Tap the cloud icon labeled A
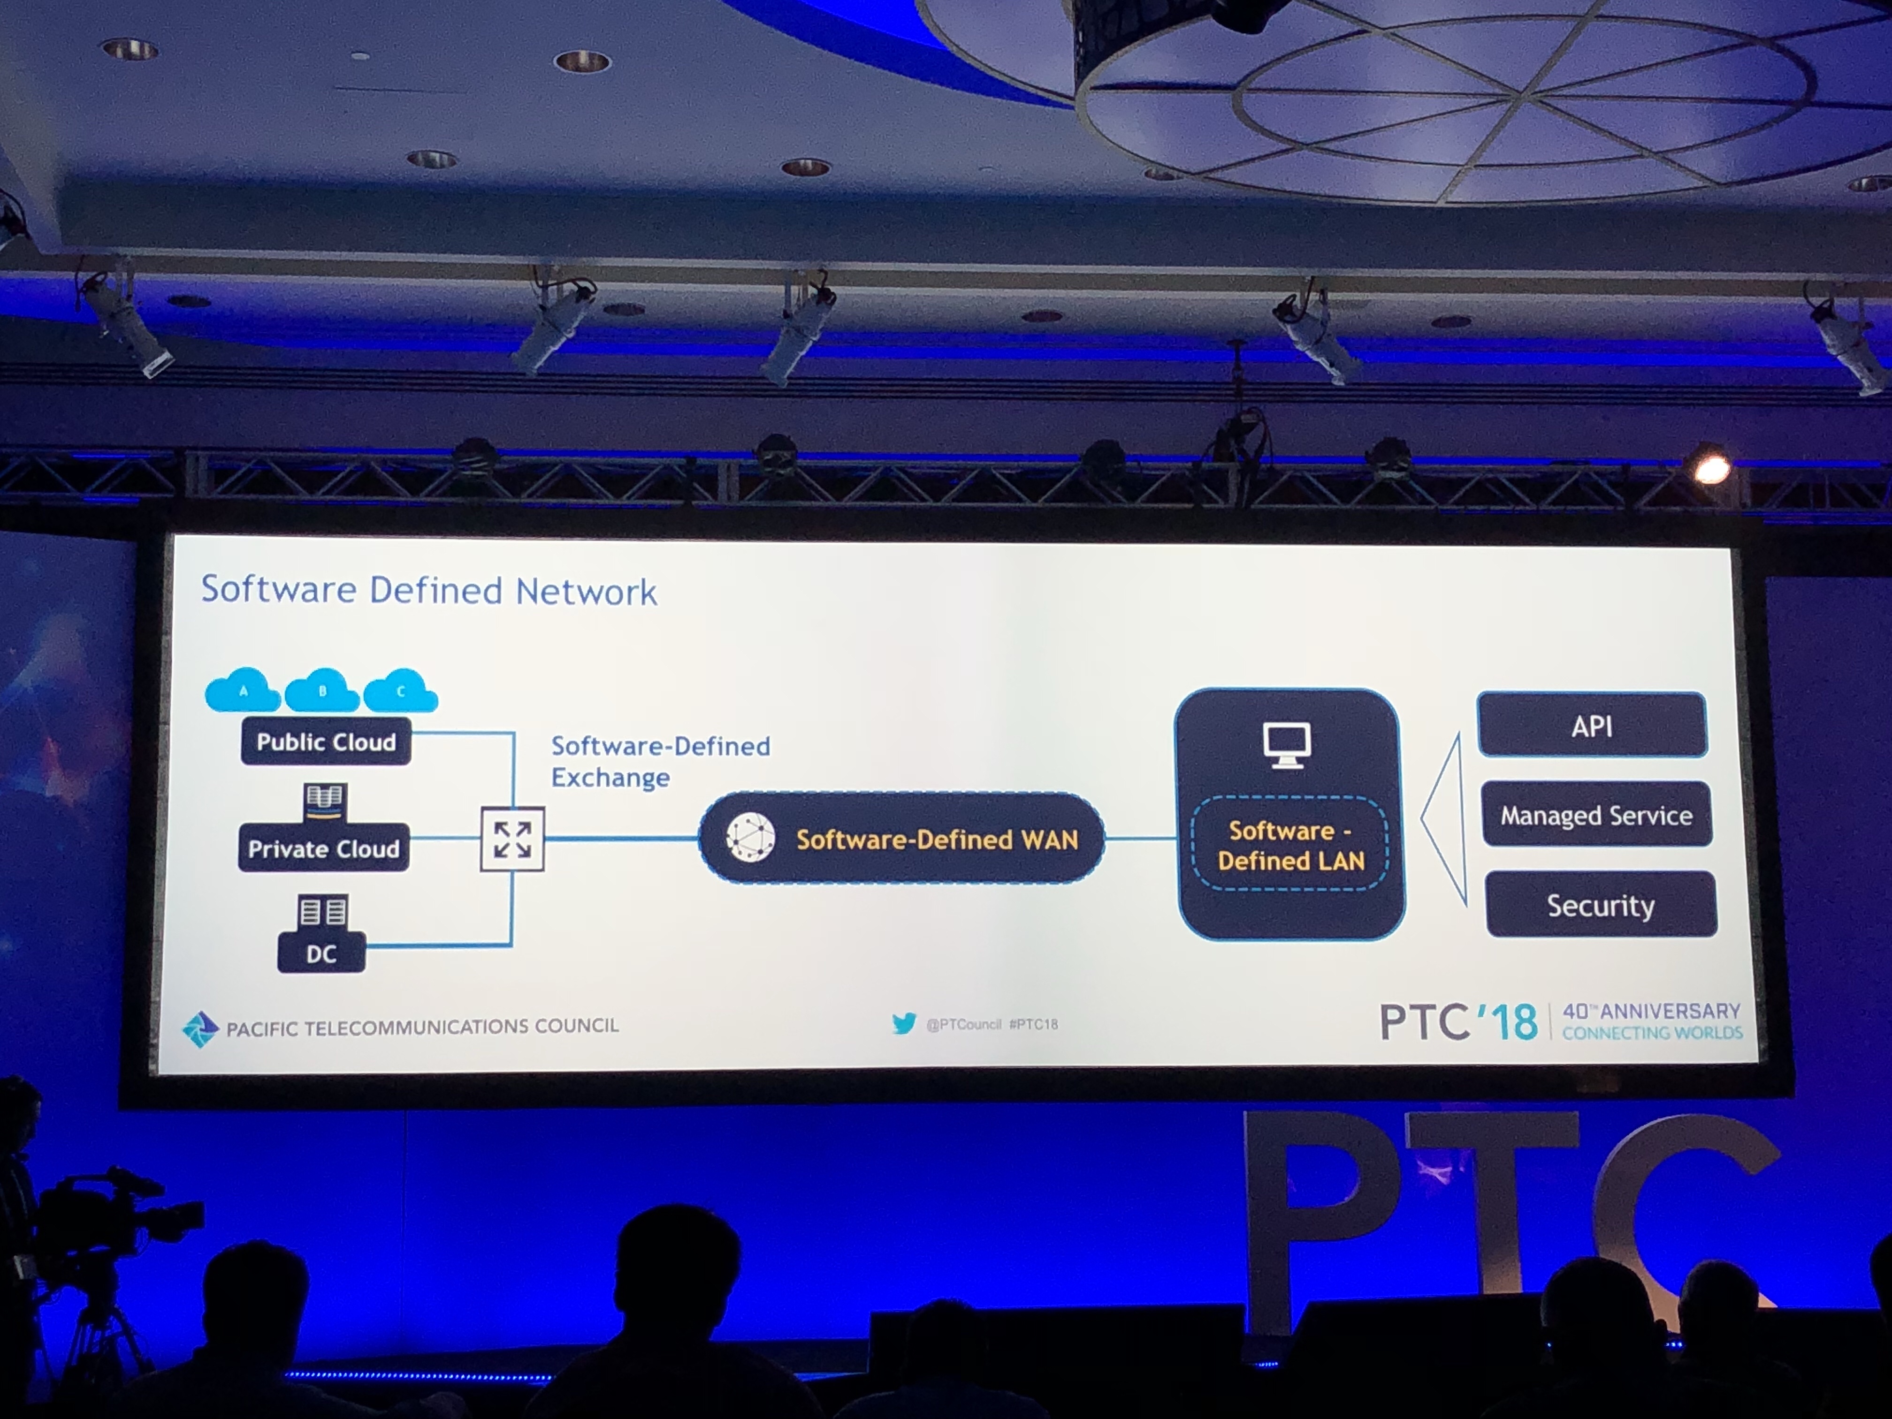pos(243,691)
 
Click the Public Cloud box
pos(326,741)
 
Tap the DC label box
pos(321,953)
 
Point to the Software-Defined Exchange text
pos(659,761)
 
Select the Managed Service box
pos(1596,815)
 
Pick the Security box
pos(1600,905)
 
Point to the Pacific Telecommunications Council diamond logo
pos(201,1029)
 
